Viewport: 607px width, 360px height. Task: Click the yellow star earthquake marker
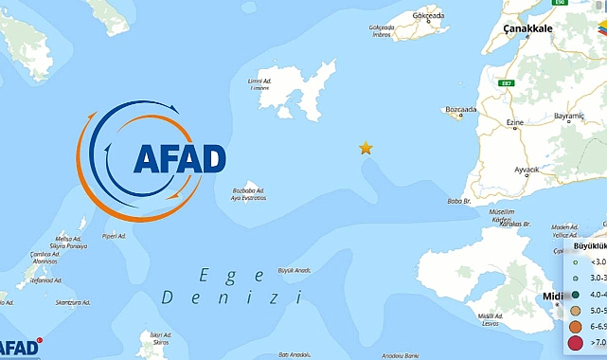[366, 148]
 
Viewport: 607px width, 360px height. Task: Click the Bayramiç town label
[570, 116]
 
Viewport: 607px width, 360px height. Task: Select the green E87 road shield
[507, 83]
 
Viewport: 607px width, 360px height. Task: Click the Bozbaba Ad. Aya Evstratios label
[249, 194]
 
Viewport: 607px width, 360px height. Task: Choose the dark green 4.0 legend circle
[576, 294]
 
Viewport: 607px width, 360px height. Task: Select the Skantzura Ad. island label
[73, 303]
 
